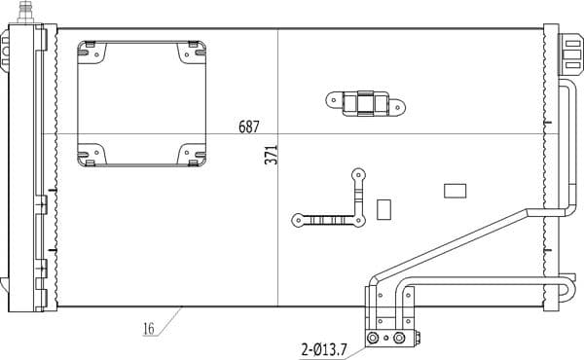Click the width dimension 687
249,126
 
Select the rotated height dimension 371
273,155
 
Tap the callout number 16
149,329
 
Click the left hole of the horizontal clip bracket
332,98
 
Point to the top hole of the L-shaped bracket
358,176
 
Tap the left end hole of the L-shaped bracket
297,221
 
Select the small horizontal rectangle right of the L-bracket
455,191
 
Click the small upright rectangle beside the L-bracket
383,208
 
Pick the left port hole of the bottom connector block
372,338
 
